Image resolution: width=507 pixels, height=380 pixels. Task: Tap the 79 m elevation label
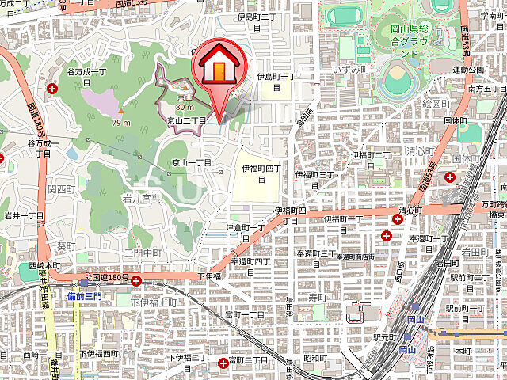[x=120, y=123]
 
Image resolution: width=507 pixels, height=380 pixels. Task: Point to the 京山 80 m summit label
[x=185, y=101]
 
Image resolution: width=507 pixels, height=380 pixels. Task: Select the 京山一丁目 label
[x=192, y=161]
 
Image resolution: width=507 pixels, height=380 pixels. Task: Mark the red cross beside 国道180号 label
[x=136, y=280]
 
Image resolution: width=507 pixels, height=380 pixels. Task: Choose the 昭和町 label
[x=314, y=358]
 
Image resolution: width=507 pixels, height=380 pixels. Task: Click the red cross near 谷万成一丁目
[x=52, y=89]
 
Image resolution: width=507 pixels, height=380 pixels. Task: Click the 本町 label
[x=463, y=349]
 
